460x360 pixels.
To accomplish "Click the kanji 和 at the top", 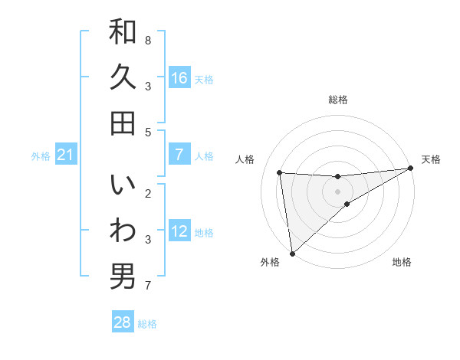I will (x=123, y=32).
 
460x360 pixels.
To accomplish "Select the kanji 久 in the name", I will (x=123, y=77).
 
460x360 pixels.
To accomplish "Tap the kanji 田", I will (x=123, y=123).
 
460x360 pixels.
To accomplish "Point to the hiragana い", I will (x=123, y=186).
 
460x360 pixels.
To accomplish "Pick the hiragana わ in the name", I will (x=123, y=231).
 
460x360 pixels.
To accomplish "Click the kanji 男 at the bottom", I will (x=123, y=277).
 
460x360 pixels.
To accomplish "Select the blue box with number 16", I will (x=179, y=77).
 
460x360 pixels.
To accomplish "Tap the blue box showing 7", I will (x=179, y=155).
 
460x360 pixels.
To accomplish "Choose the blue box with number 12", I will (x=179, y=231).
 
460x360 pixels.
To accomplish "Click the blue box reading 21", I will (x=66, y=155).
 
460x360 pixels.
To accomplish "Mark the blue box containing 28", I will (x=123, y=322).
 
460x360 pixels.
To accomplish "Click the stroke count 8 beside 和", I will (x=148, y=40).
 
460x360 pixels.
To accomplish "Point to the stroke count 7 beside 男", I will (x=148, y=286).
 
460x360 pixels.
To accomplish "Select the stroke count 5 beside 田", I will (x=148, y=132).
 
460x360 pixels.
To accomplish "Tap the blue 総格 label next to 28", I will (x=147, y=324).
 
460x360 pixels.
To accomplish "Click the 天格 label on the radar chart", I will (x=431, y=159).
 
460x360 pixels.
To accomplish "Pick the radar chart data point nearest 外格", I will (x=292, y=253).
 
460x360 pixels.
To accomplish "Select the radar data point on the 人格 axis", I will (x=280, y=172).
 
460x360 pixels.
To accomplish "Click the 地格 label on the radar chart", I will (x=402, y=262).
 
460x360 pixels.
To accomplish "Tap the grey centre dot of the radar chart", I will (x=337, y=191).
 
